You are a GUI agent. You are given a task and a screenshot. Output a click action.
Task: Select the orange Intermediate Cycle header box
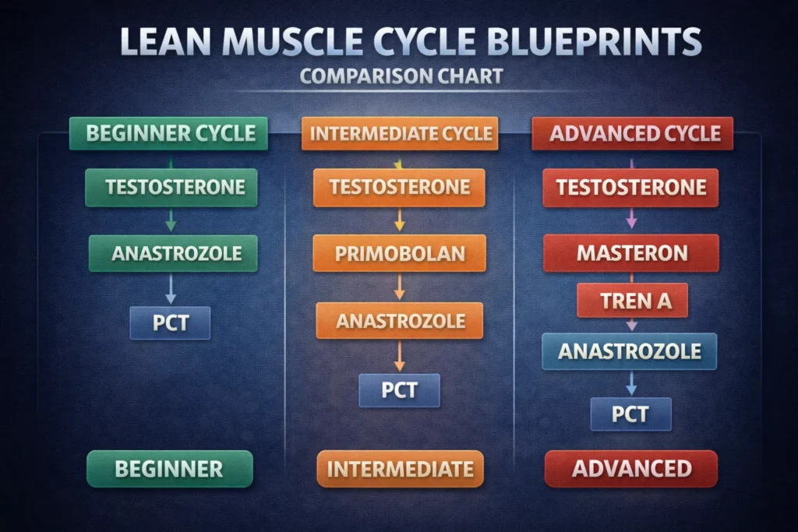(400, 133)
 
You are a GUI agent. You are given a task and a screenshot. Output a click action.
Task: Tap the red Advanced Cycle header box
(632, 133)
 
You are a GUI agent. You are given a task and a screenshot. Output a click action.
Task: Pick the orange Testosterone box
(399, 187)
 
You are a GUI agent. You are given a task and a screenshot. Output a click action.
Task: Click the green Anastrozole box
(173, 253)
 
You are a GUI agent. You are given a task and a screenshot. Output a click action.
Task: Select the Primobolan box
(399, 253)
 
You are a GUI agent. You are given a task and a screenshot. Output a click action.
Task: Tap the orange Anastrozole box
(400, 320)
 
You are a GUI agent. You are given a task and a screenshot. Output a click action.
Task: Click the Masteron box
(631, 253)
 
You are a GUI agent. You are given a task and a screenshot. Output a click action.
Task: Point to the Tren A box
(632, 301)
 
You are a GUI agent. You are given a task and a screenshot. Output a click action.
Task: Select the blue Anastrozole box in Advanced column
(630, 351)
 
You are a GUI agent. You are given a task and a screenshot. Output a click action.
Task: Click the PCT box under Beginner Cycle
(171, 322)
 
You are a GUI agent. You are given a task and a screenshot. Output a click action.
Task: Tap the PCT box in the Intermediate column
(399, 389)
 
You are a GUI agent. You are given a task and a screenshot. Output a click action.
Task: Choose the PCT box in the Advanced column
(630, 413)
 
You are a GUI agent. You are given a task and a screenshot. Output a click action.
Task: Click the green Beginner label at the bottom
(169, 469)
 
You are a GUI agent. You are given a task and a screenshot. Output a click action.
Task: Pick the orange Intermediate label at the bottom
(400, 469)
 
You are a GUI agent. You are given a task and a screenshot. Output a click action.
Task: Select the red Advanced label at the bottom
(630, 469)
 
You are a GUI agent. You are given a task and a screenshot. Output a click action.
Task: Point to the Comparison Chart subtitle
(401, 77)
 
